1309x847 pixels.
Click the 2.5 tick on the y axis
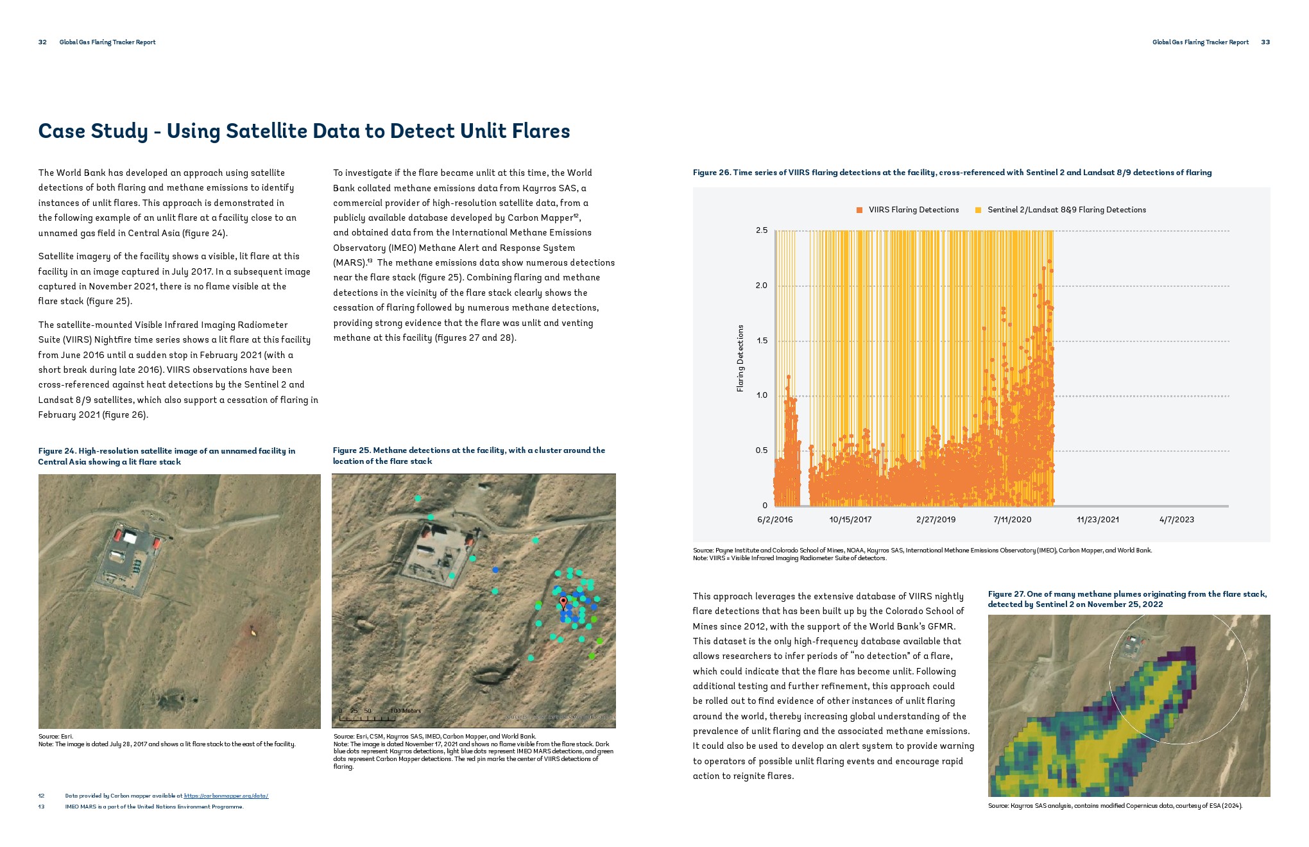(761, 230)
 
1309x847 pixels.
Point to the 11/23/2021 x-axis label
(1097, 520)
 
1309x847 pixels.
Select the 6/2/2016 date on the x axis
(774, 520)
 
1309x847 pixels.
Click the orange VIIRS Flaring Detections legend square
(860, 210)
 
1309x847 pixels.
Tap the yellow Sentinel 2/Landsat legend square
(978, 210)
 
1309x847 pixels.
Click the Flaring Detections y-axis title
(740, 358)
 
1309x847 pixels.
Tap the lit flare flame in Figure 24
(255, 633)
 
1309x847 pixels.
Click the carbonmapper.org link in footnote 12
(226, 796)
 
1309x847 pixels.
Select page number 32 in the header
(42, 42)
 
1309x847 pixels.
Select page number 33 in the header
(1265, 42)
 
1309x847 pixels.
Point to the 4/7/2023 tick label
(1176, 520)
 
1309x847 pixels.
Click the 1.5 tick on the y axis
(761, 341)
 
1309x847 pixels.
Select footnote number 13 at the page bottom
(41, 807)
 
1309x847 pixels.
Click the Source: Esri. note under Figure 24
(56, 737)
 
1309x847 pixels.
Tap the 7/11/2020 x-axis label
(1012, 520)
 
